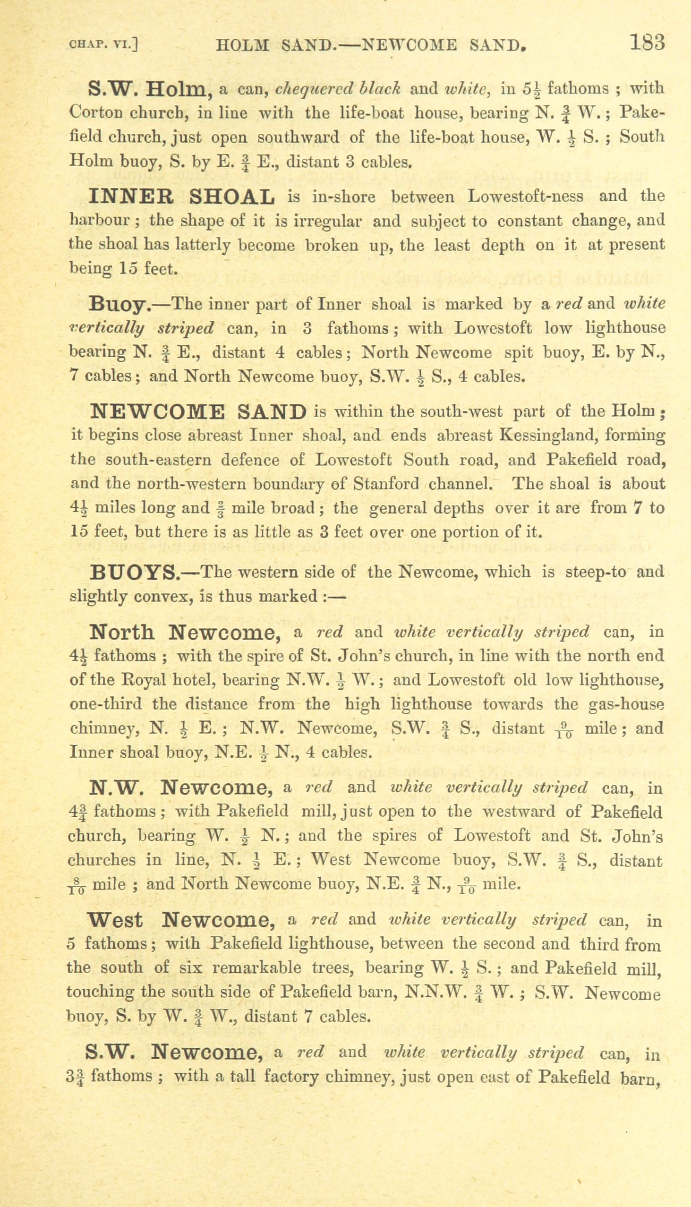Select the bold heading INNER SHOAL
coord(182,197)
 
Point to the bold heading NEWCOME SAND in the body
coord(198,411)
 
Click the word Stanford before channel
coord(386,484)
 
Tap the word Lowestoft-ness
coord(525,196)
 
